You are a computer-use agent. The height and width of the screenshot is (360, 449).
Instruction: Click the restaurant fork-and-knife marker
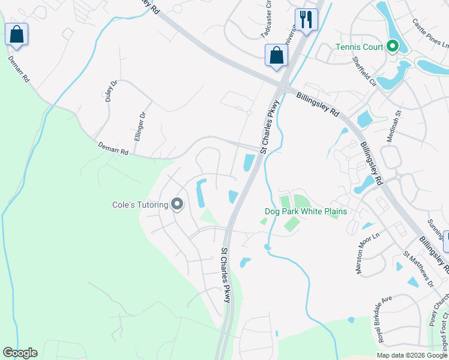point(306,20)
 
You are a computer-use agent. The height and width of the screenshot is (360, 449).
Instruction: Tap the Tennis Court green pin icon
point(393,46)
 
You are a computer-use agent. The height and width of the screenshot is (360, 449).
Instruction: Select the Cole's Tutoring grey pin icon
point(177,205)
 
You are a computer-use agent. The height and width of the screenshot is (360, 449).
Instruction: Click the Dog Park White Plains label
point(306,211)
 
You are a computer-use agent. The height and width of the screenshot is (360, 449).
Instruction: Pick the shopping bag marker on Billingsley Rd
point(276,55)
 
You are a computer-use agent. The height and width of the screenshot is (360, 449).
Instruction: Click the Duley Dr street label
point(110,92)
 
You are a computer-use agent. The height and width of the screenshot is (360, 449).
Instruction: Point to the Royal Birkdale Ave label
point(385,320)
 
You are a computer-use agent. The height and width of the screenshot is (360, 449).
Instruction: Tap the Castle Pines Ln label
point(430,33)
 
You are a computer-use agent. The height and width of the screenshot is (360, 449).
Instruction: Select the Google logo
point(20,353)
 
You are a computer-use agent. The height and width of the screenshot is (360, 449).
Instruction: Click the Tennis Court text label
point(360,46)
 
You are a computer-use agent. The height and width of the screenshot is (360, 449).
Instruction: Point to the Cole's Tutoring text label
point(140,205)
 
